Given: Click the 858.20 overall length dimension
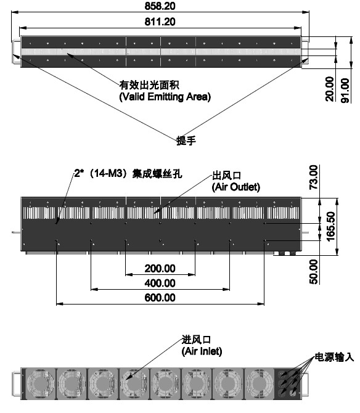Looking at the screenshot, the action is [160, 6].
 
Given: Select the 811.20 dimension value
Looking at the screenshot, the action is [160, 22].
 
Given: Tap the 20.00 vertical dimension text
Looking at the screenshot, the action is [330, 89].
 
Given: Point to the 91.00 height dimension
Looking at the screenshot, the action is [345, 91].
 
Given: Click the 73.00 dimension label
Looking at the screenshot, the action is [313, 178].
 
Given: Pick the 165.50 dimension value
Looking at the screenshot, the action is [330, 226].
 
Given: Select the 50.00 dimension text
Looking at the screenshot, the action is [313, 272].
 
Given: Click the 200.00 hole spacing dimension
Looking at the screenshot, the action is [160, 268].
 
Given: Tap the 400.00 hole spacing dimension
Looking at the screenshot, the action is [160, 283].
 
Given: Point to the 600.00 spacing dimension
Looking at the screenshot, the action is [160, 298].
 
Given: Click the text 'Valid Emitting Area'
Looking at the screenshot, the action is [165, 97].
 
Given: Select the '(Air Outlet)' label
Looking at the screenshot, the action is [236, 187].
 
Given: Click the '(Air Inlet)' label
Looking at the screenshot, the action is [202, 351].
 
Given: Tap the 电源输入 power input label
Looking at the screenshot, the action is [335, 357].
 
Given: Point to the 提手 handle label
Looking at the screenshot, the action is [186, 141].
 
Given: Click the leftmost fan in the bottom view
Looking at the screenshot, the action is [41, 383].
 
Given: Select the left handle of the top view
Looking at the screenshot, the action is [15, 51].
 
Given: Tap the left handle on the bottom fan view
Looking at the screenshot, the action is [16, 384].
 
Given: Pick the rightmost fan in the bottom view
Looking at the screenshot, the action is [259, 383].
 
